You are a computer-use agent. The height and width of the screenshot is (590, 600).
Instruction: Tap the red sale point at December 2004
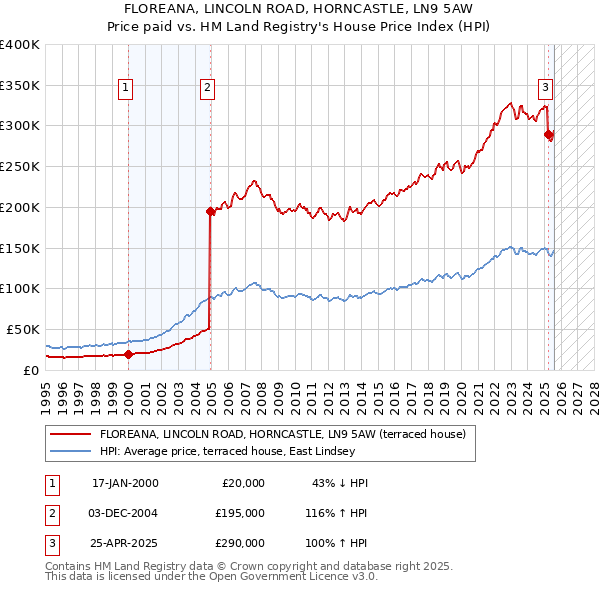click(210, 211)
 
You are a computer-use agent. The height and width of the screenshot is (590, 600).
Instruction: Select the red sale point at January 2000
click(129, 353)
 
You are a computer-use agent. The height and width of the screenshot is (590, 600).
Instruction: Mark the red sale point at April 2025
click(548, 134)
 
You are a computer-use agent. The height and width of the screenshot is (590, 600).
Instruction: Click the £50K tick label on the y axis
click(23, 329)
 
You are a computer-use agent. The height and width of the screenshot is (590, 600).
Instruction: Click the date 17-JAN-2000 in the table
click(125, 483)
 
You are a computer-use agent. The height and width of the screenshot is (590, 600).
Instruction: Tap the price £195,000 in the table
click(240, 513)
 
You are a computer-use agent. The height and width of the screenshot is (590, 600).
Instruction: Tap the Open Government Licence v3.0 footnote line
click(211, 577)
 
